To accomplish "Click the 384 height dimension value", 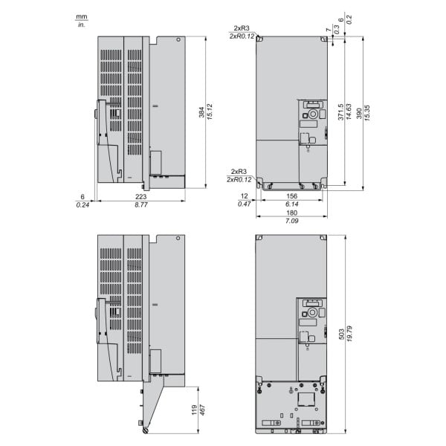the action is (x=201, y=112).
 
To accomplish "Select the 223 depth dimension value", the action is (x=140, y=196).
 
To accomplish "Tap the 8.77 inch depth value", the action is (x=141, y=205).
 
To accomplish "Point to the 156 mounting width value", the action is (x=292, y=196).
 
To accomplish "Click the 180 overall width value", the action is (x=292, y=213).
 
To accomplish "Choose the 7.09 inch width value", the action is (x=292, y=221).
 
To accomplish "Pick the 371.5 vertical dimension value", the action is (x=340, y=111).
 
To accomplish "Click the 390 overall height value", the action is (x=359, y=113).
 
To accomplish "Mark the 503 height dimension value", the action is (x=342, y=334).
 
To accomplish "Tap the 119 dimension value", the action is (x=195, y=410).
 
